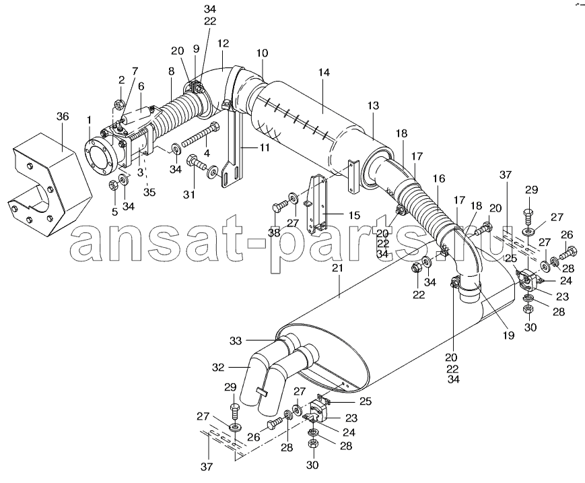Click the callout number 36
[63, 117]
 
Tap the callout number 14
[324, 72]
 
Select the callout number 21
[338, 268]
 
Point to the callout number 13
[373, 106]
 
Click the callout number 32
[218, 368]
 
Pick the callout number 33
[236, 340]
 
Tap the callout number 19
[508, 335]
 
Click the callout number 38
[274, 233]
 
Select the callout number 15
[354, 216]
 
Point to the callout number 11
[264, 148]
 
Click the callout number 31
[188, 195]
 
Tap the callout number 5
[114, 212]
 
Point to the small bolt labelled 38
[280, 206]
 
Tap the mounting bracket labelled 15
[316, 203]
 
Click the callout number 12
[223, 43]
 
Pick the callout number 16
[439, 179]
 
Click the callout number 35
[149, 192]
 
